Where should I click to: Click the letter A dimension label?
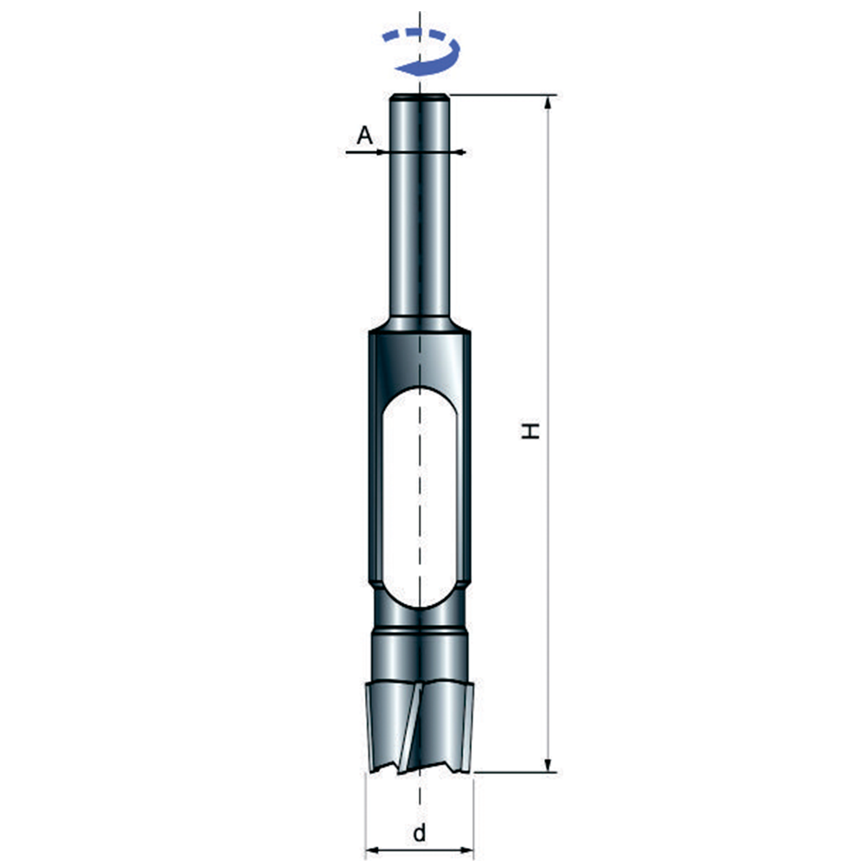pos(365,135)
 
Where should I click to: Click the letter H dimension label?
pos(531,430)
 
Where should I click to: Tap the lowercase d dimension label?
pos(420,832)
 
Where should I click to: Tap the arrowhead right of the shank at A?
pos(459,152)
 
